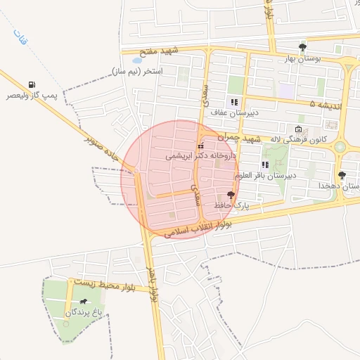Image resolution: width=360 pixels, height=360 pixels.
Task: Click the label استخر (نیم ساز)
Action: tap(137, 72)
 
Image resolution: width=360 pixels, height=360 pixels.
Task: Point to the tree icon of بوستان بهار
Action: tap(302, 47)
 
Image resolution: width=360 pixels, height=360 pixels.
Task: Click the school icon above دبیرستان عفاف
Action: tap(234, 102)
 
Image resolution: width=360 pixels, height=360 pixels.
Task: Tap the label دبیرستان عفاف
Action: tap(236, 112)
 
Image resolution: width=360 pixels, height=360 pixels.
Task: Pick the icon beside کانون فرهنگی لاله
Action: tap(298, 129)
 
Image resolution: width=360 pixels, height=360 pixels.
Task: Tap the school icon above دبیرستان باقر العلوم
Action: tap(265, 165)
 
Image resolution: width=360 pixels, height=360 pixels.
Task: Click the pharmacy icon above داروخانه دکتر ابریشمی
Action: tap(200, 146)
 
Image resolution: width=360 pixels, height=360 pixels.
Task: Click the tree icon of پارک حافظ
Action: tap(231, 194)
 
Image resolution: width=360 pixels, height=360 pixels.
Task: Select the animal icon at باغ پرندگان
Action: tap(84, 302)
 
